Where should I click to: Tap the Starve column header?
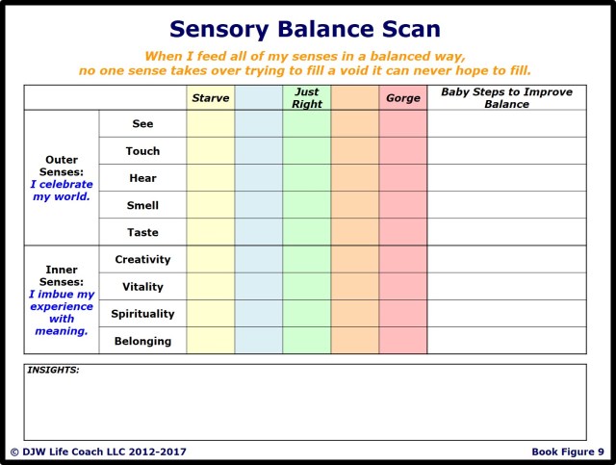tap(210, 98)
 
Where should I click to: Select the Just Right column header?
tap(306, 98)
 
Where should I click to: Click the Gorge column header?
tap(402, 98)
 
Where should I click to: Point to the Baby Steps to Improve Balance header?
tap(506, 98)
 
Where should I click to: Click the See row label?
tap(142, 124)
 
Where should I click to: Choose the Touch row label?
tap(142, 151)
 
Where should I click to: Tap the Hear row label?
tap(142, 178)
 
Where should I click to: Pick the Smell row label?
tap(142, 205)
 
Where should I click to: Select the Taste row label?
tap(142, 232)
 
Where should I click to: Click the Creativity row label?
tap(142, 259)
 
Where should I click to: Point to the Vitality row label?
tap(142, 287)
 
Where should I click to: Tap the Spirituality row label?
tap(142, 314)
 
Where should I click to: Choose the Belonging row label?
tap(142, 341)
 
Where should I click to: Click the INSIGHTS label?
tap(53, 370)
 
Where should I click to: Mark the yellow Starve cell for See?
tap(210, 124)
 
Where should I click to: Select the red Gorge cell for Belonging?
tap(402, 341)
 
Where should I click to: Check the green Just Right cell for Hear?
tap(306, 178)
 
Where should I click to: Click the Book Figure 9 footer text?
tap(568, 452)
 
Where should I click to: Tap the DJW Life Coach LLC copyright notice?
tap(98, 452)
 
